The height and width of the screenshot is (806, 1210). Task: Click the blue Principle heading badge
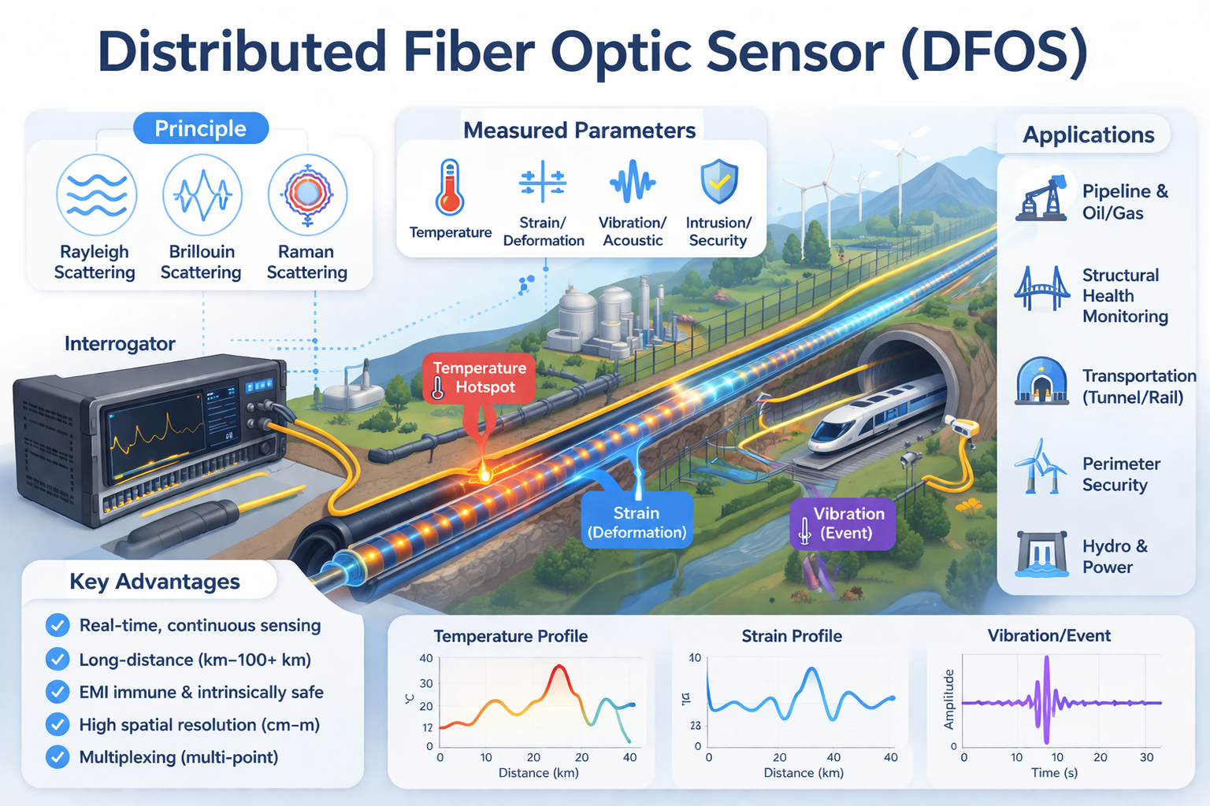(x=201, y=128)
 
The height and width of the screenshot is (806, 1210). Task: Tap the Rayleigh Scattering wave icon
(x=97, y=195)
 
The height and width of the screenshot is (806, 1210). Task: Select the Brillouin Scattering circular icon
(x=202, y=195)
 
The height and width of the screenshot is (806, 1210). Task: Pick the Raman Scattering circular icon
(x=307, y=194)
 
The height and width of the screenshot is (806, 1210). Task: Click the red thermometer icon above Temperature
(x=450, y=187)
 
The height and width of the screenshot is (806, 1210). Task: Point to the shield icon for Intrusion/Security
(x=719, y=182)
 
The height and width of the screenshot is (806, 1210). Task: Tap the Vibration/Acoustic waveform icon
(x=632, y=183)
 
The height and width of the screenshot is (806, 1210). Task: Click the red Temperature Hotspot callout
(x=479, y=378)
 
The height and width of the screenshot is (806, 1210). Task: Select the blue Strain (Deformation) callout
(x=637, y=522)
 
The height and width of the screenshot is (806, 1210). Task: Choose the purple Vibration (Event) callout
(x=843, y=523)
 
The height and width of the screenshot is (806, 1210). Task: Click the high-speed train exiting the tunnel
(x=874, y=417)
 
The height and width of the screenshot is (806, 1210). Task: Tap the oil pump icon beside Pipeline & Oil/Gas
(x=1043, y=198)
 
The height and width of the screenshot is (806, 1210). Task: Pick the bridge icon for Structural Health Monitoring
(x=1041, y=289)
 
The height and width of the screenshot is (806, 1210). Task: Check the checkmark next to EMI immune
(x=58, y=692)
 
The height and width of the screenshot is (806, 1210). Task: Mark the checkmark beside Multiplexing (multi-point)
(x=58, y=757)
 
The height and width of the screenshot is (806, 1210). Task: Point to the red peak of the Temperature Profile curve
(x=559, y=668)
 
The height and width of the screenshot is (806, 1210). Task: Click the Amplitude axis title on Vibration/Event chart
(x=949, y=699)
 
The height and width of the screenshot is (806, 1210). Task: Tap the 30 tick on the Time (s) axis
(x=1146, y=757)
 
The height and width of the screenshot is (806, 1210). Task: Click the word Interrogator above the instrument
(x=120, y=344)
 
